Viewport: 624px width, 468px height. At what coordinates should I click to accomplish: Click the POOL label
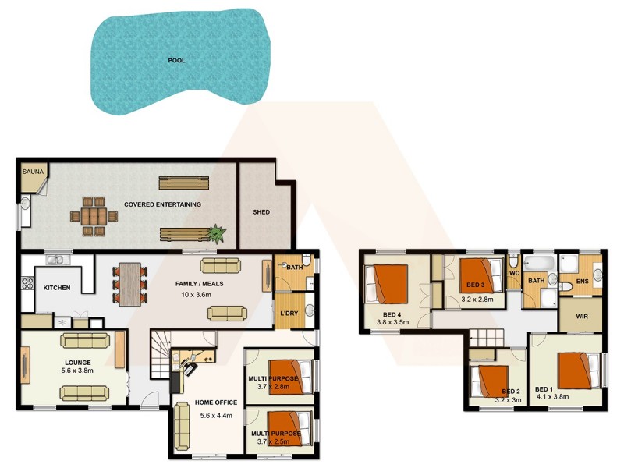pos(177,59)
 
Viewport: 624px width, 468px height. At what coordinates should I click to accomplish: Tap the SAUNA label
pos(31,170)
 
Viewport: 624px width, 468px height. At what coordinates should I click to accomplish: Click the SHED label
pos(261,212)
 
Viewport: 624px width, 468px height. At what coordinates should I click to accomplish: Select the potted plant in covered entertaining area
pos(217,232)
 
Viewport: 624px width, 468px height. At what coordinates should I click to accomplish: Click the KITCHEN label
pos(56,288)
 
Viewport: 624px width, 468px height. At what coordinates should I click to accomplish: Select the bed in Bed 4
pos(388,282)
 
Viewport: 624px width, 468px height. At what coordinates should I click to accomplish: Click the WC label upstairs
pos(513,274)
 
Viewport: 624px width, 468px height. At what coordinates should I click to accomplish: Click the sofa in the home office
pos(183,426)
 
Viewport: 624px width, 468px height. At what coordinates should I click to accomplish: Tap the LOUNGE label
pos(78,363)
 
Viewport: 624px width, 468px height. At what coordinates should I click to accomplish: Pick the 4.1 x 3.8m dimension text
pos(551,396)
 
